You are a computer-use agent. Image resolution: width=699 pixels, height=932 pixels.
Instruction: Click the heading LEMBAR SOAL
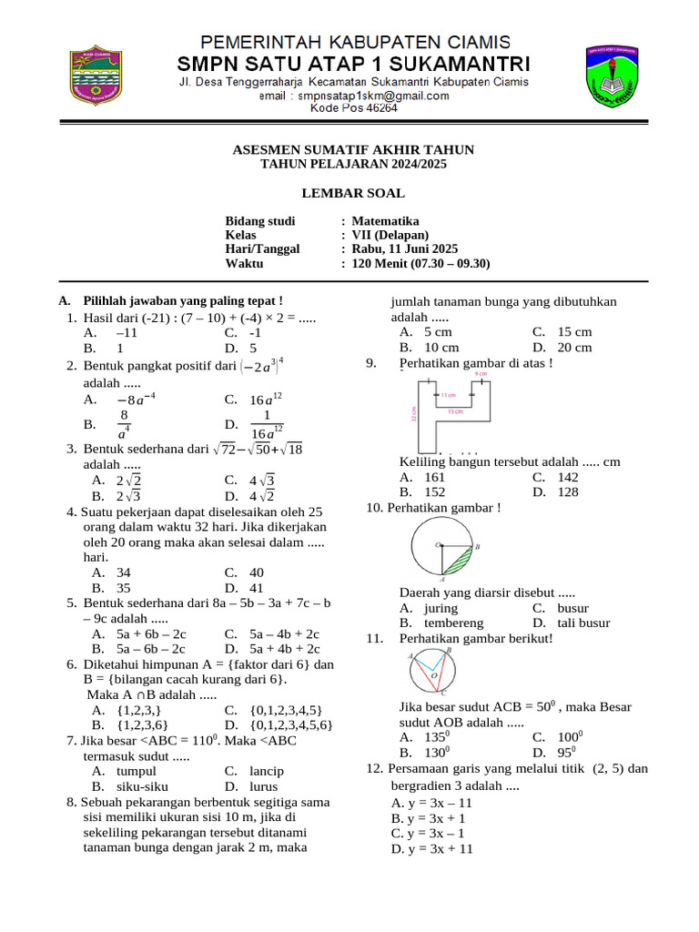[353, 193]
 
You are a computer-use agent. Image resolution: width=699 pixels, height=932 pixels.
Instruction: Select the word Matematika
[385, 221]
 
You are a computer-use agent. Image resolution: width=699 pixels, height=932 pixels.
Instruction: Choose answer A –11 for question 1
[126, 333]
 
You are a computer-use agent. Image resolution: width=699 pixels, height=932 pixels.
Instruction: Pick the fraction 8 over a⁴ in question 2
[125, 423]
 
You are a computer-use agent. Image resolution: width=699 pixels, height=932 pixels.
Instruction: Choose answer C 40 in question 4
[256, 572]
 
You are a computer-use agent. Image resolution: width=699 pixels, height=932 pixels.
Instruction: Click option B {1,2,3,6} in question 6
[141, 724]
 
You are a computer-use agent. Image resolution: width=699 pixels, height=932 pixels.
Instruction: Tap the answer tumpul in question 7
[137, 771]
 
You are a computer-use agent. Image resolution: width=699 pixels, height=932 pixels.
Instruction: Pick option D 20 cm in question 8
[574, 348]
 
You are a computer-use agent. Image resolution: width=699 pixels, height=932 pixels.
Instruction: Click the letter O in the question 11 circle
[432, 676]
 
